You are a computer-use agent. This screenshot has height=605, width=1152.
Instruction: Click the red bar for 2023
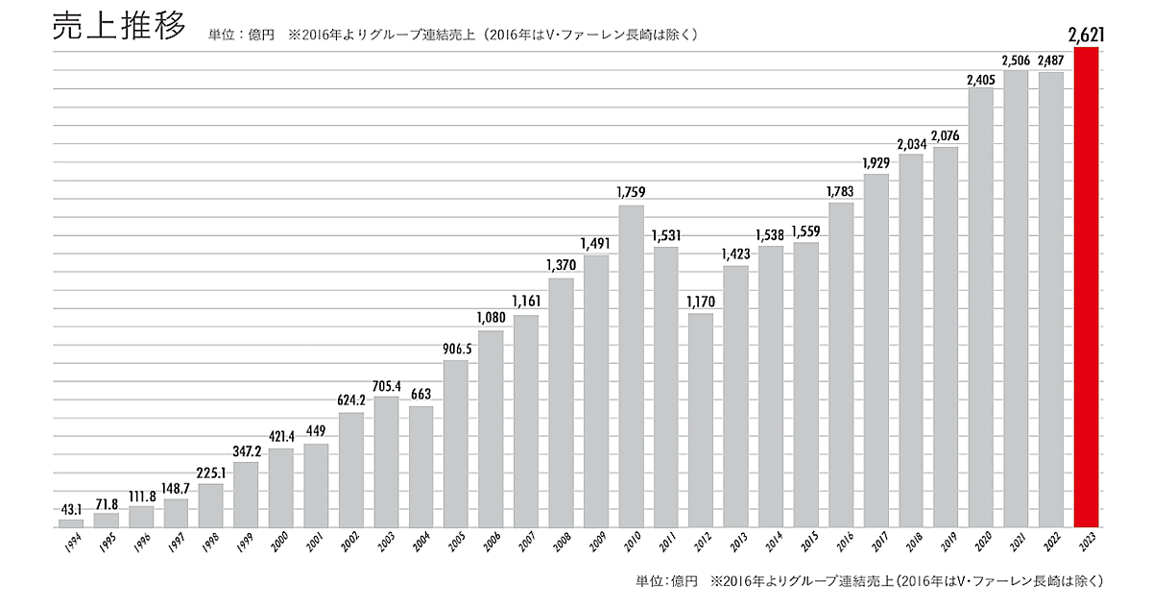1087,287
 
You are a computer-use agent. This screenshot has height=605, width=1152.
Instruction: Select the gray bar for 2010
631,366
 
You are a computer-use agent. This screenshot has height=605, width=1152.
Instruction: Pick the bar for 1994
72,523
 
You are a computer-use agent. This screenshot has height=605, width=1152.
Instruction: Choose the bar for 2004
420,467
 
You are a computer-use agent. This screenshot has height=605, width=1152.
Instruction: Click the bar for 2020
981,307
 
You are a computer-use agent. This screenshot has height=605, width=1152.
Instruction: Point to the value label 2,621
1087,36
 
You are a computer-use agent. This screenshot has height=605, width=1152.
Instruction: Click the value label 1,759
631,192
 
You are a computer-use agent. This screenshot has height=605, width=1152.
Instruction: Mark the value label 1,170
701,301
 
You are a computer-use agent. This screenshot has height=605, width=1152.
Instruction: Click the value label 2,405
981,77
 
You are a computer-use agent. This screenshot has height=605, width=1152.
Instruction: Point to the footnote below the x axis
868,581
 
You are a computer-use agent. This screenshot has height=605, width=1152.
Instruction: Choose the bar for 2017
876,351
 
